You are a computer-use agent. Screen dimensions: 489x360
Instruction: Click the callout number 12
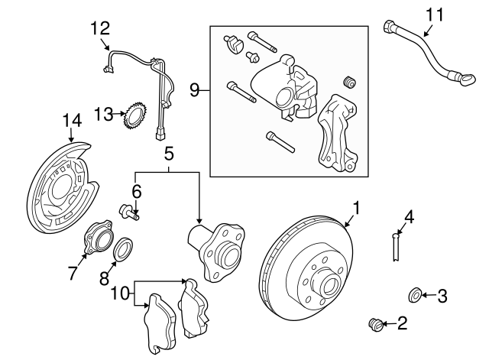(100, 28)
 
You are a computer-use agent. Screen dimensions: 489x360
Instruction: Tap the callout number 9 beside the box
(194, 90)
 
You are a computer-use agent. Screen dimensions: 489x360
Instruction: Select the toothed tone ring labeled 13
(135, 117)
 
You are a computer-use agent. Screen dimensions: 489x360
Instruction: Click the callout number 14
(72, 121)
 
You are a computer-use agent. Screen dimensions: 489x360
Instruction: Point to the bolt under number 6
(129, 212)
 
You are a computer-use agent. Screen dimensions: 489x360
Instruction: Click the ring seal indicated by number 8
(124, 249)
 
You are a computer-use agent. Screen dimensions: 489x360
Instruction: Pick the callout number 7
(73, 273)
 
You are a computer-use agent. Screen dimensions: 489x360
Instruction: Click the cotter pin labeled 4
(396, 245)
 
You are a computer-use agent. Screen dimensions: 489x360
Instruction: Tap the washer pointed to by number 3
(415, 296)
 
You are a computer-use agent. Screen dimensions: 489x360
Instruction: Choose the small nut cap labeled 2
(376, 324)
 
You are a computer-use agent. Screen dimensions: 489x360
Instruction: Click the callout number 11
(435, 15)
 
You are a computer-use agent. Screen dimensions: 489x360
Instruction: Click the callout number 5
(168, 154)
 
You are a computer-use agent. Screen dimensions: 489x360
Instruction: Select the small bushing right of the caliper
(350, 82)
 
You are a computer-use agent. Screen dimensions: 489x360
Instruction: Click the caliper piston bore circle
(283, 97)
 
